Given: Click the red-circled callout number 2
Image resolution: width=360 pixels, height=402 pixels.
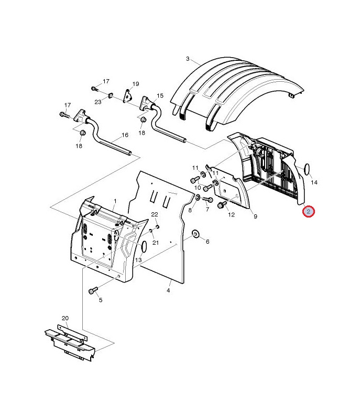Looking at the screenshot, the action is [x=308, y=212].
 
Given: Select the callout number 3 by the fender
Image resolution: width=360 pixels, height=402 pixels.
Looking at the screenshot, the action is [x=188, y=59].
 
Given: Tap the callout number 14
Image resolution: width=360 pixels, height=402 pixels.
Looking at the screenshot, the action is [x=314, y=182].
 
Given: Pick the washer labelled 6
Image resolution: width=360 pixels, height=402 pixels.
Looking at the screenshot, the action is [x=195, y=234].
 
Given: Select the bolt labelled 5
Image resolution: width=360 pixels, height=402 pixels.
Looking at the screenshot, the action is [x=93, y=290].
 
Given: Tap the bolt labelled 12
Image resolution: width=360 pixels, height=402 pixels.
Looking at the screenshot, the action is [x=222, y=204].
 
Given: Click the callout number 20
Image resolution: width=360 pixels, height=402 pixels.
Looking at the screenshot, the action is [x=65, y=318].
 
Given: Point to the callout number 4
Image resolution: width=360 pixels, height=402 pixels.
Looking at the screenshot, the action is [x=168, y=290].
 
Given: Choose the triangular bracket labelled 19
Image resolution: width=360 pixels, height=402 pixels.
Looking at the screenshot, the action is [x=128, y=96].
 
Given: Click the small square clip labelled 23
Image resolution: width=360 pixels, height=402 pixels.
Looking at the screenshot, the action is [x=110, y=95].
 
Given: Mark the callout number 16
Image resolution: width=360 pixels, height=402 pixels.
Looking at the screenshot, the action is [x=125, y=135].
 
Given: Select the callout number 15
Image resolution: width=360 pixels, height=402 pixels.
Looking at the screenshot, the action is [x=160, y=95].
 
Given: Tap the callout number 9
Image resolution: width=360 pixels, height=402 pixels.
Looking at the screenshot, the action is [x=255, y=216].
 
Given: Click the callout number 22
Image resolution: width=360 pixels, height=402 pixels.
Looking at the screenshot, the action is [x=155, y=214].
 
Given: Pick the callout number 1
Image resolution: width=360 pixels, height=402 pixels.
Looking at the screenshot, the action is [x=115, y=201].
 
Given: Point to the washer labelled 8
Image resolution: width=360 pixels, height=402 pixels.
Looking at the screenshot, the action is [x=198, y=198].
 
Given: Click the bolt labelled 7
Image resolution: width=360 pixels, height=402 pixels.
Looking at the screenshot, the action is [x=208, y=199].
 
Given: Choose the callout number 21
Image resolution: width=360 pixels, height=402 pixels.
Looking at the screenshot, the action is [x=156, y=243].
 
